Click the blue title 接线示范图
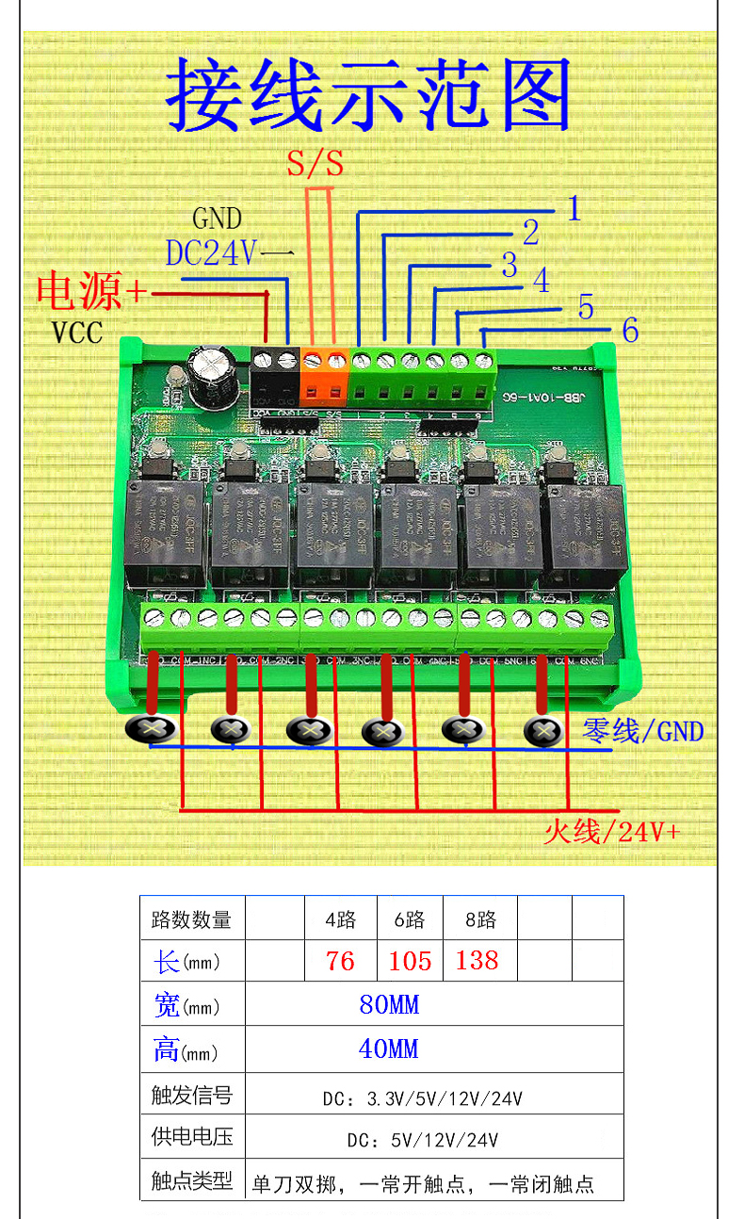[x=369, y=95]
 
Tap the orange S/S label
[x=315, y=165]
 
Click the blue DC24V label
[x=211, y=253]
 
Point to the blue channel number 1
[x=574, y=208]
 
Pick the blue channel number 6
[x=630, y=330]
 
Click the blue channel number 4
[x=540, y=280]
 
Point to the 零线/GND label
[x=643, y=730]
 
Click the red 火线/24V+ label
[x=611, y=832]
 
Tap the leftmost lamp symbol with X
[x=150, y=728]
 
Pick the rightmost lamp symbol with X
[x=543, y=730]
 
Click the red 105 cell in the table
[x=410, y=961]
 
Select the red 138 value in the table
[x=477, y=960]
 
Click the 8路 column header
[x=480, y=918]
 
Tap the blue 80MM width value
[x=389, y=1004]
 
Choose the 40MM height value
[x=389, y=1048]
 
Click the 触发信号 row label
[x=192, y=1095]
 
